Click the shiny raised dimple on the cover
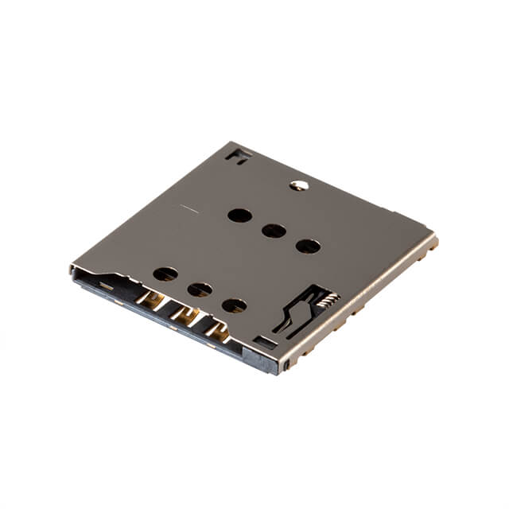[x=300, y=185]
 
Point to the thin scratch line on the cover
[x=188, y=209]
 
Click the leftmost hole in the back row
[x=239, y=216]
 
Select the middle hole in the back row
[x=274, y=231]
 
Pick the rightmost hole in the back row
[x=308, y=246]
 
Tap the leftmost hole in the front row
[x=165, y=274]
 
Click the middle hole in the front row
[x=200, y=289]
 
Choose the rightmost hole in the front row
[x=234, y=305]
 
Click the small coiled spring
[x=328, y=299]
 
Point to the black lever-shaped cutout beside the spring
[x=298, y=313]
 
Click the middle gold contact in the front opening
[x=186, y=315]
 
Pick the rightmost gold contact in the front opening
[x=217, y=331]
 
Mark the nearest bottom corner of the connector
[x=280, y=371]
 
